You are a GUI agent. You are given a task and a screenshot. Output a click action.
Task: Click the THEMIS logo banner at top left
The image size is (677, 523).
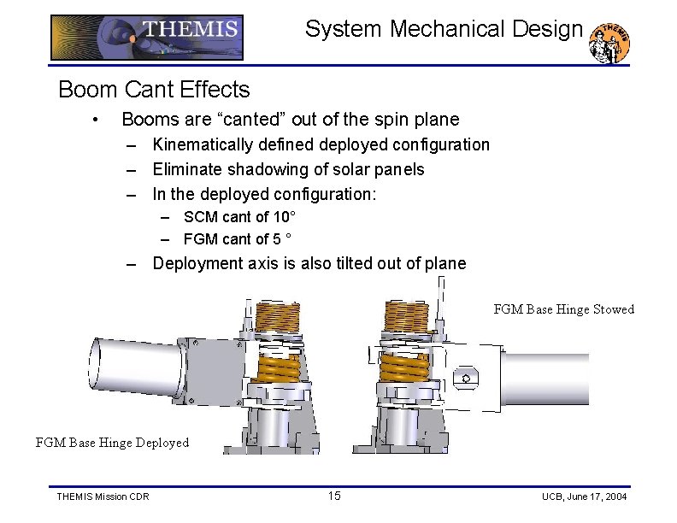[147, 37]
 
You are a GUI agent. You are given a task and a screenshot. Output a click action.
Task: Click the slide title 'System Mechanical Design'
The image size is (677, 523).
[444, 29]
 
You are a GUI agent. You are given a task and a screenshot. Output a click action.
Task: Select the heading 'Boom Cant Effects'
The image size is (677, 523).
[154, 89]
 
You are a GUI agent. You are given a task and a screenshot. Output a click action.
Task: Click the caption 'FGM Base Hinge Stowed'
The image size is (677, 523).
[563, 309]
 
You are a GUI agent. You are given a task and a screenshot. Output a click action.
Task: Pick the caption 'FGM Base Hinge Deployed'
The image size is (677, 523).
[112, 443]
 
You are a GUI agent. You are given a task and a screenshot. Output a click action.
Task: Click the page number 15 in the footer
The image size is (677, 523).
[334, 497]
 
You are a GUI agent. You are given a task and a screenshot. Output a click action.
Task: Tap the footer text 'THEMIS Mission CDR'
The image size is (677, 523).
[102, 497]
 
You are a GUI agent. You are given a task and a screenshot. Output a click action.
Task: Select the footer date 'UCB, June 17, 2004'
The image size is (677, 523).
[584, 497]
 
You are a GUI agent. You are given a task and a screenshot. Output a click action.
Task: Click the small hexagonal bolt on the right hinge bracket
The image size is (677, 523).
[466, 375]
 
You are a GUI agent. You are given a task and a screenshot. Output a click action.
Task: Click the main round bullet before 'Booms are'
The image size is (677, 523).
[99, 120]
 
